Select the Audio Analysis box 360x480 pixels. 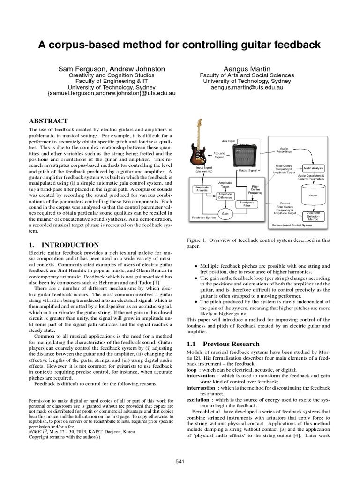(314, 168)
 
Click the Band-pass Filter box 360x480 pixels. (247, 204)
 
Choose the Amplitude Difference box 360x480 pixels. (225, 195)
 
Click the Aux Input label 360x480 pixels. (228, 141)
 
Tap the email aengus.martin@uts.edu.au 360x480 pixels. (247, 87)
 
